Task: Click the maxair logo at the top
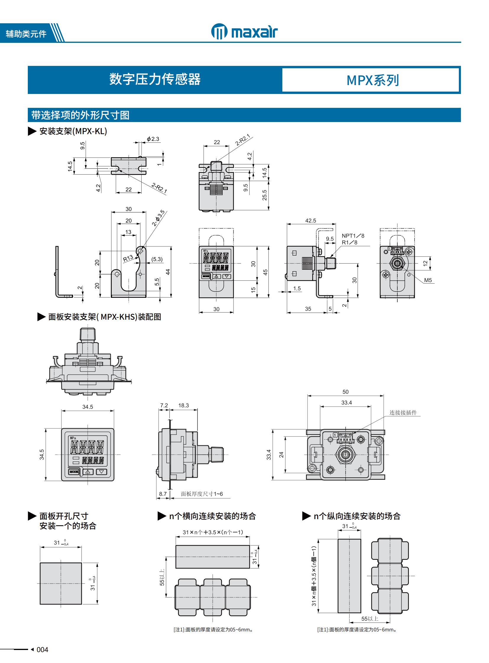(x=244, y=31)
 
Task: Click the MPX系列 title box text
(x=373, y=80)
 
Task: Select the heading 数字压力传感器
(x=155, y=79)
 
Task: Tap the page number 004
(x=42, y=649)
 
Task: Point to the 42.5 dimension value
(x=310, y=220)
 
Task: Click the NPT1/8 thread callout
(x=353, y=236)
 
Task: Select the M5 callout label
(x=428, y=280)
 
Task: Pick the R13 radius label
(x=128, y=258)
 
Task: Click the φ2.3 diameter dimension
(x=153, y=139)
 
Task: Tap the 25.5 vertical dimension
(x=264, y=195)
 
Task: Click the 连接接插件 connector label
(x=403, y=412)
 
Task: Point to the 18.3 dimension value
(x=184, y=405)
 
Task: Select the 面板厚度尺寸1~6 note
(x=202, y=494)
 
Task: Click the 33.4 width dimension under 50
(x=346, y=402)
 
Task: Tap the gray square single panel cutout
(x=61, y=584)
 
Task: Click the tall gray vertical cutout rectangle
(x=349, y=576)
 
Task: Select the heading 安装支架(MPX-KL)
(x=73, y=131)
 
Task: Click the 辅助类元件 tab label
(x=26, y=34)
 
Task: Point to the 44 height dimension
(x=168, y=272)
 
